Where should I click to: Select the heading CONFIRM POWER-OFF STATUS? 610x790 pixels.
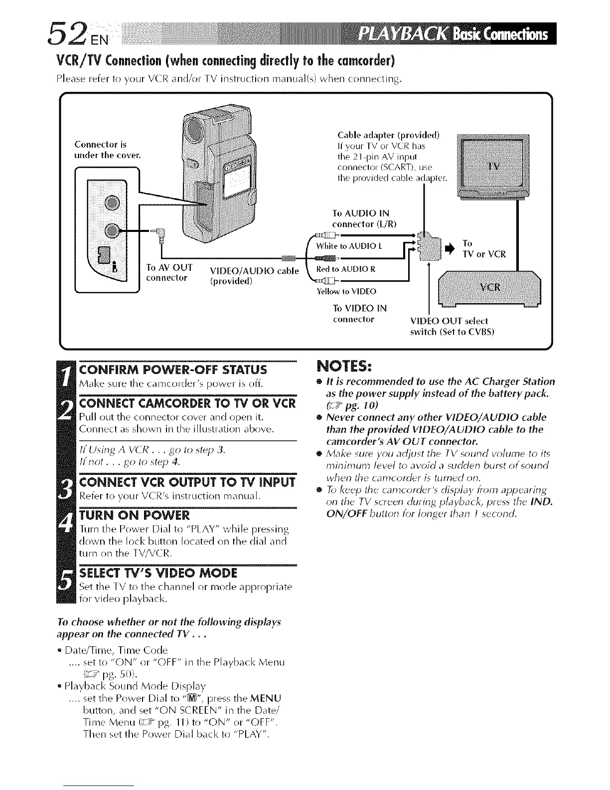[x=173, y=370]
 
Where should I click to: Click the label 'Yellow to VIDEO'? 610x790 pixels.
[x=346, y=291]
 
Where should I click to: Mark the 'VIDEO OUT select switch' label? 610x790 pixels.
[x=449, y=326]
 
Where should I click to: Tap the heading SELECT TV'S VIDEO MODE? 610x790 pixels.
[x=158, y=572]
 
